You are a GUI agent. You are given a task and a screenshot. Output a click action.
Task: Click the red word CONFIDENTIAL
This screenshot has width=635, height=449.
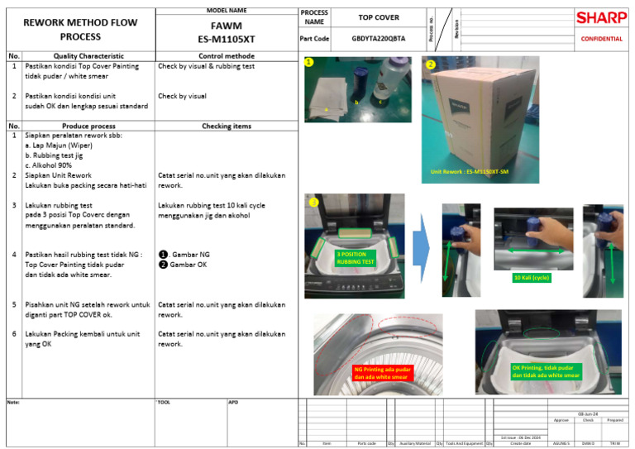point(602,39)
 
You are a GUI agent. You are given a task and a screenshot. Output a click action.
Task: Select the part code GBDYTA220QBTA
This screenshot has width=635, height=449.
point(378,39)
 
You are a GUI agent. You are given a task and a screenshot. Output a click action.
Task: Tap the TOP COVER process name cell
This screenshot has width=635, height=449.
point(378,17)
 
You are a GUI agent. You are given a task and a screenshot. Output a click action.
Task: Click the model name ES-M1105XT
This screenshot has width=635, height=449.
point(226,38)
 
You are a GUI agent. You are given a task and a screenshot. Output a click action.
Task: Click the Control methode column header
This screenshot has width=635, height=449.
point(226,56)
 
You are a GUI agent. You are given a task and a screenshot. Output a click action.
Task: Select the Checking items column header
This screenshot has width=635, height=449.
point(226,127)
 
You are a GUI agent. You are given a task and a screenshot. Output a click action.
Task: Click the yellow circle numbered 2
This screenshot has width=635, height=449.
point(430,64)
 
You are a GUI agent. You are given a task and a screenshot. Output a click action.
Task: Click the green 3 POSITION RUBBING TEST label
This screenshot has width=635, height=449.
point(355,258)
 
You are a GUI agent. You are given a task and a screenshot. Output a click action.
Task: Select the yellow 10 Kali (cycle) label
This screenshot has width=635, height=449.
point(532,278)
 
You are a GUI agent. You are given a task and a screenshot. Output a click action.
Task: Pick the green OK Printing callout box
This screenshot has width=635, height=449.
point(545,371)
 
